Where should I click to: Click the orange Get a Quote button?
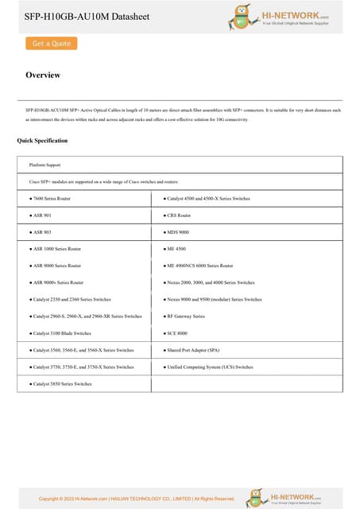(x=51, y=44)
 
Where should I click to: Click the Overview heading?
(x=43, y=76)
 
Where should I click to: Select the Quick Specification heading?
(x=42, y=141)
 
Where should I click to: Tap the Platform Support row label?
(x=45, y=165)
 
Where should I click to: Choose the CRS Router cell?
(x=178, y=215)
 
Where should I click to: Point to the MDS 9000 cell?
(x=177, y=232)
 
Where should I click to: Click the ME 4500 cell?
(x=176, y=249)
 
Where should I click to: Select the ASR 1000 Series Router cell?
(x=55, y=249)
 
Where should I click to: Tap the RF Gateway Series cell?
(x=185, y=316)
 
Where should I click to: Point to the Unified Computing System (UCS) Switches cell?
(x=209, y=367)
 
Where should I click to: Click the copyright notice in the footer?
(x=137, y=499)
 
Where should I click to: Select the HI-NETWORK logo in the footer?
(x=284, y=497)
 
